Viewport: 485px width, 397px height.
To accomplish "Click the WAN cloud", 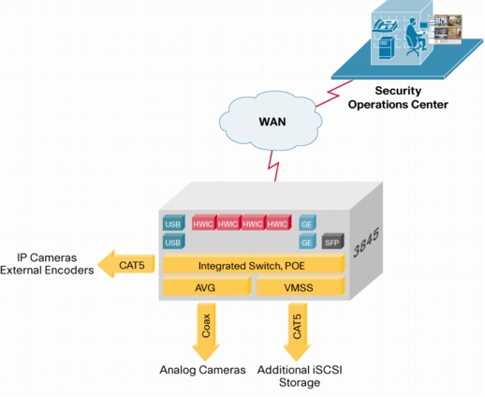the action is coord(271,121).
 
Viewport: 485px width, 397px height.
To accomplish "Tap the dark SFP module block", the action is coord(332,241).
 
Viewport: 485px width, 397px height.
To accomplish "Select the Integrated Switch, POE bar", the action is coord(254,264).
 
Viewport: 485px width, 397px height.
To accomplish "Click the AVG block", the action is coord(207,286).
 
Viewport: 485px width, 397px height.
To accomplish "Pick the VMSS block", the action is coord(301,286).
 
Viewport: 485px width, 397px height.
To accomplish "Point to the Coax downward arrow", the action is coord(206,331).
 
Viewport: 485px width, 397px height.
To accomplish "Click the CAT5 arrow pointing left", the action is coord(126,264).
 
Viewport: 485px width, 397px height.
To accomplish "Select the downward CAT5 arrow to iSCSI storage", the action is coord(298,331).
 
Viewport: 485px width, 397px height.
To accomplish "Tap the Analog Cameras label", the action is coord(202,370).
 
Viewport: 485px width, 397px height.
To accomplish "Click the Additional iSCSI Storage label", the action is coord(300,376).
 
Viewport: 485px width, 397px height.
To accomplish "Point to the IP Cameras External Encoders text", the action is coord(47,264).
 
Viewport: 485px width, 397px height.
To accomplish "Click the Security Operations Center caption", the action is coord(398,97).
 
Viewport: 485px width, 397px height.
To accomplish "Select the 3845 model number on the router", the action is coord(366,243).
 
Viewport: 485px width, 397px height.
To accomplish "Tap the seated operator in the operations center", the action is coord(416,37).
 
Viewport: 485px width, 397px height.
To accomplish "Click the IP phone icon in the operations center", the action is coord(386,25).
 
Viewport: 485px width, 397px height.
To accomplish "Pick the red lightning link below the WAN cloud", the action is coord(273,166).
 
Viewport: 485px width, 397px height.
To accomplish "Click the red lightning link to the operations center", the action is coord(334,94).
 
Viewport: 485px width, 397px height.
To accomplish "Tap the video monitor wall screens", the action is coord(446,29).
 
